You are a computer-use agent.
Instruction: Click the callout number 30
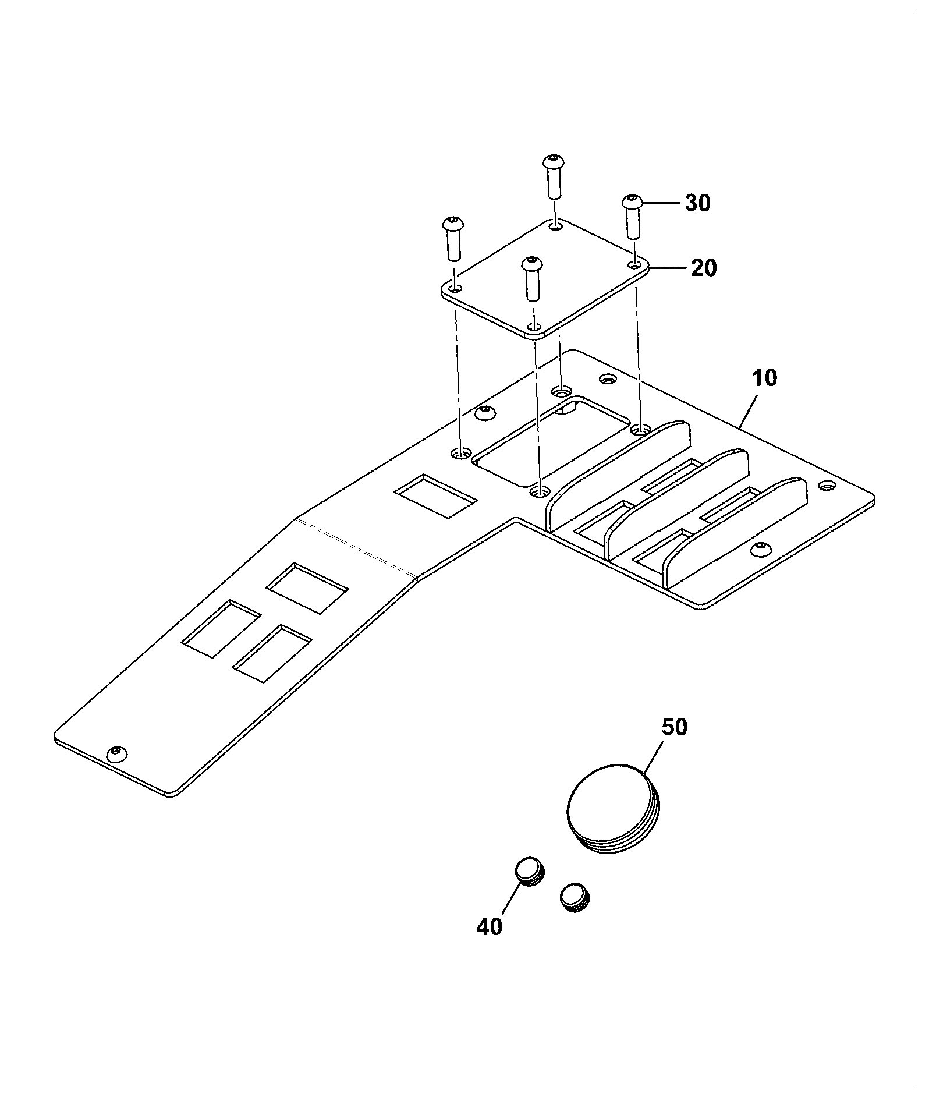(x=697, y=203)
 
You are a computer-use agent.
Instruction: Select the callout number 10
(x=764, y=378)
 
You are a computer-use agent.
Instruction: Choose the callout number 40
(x=489, y=926)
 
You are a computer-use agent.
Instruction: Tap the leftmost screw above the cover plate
(x=453, y=239)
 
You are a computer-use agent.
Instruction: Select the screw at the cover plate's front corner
(x=531, y=278)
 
